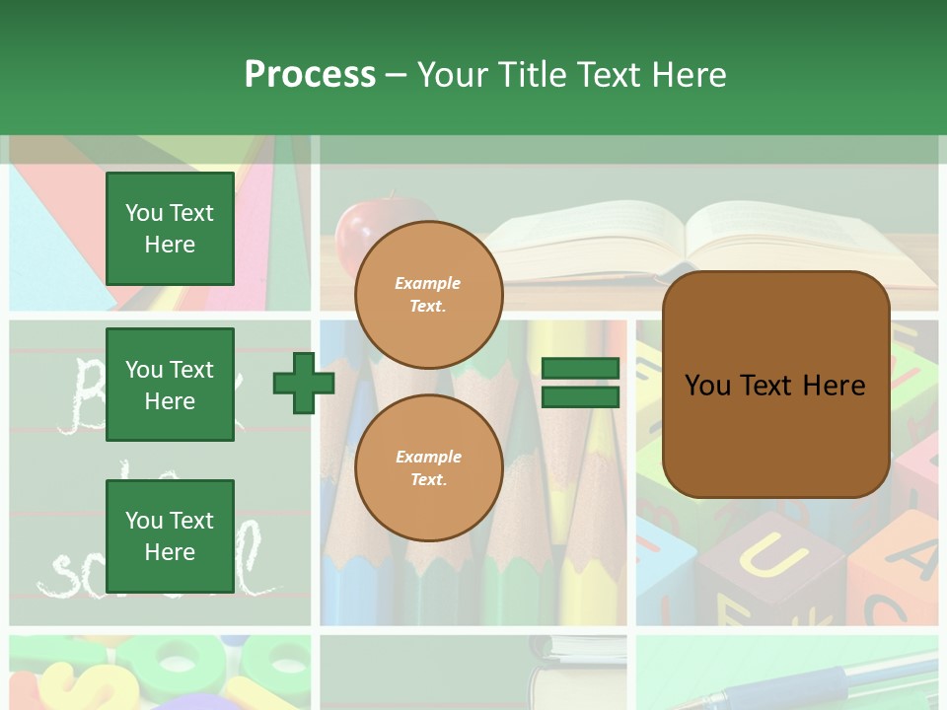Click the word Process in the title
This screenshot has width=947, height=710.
coord(310,75)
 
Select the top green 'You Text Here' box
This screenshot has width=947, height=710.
coord(170,229)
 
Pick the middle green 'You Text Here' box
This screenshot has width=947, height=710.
coord(170,385)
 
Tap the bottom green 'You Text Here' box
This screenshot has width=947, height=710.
coord(170,536)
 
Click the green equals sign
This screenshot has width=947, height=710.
coord(580,384)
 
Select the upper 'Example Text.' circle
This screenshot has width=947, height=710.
coord(429,294)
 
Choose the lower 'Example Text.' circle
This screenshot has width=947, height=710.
coord(429,467)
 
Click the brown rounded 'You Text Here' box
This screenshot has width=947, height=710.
coord(775,385)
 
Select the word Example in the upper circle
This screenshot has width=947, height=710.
coord(428,283)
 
